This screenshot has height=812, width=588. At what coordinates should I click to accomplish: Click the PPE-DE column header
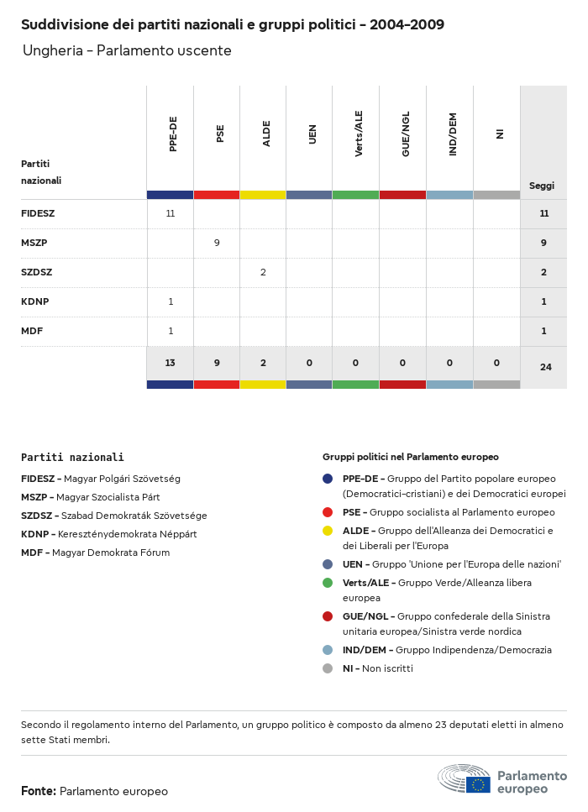(172, 134)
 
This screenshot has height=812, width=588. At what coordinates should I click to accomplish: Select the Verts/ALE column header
(359, 134)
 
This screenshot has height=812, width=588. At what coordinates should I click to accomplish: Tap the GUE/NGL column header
(405, 134)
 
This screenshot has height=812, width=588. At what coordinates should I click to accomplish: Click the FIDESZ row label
(38, 213)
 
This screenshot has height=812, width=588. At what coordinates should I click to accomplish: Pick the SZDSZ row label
(37, 272)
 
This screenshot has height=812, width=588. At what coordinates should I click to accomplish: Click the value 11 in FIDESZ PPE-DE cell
(171, 213)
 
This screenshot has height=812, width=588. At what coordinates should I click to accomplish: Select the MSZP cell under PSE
(217, 243)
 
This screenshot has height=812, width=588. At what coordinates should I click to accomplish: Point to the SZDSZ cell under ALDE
(263, 272)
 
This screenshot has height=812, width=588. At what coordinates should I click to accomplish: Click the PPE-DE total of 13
(171, 363)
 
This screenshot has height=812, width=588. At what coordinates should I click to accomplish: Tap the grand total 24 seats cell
(544, 367)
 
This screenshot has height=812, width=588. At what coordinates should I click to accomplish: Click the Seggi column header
(542, 186)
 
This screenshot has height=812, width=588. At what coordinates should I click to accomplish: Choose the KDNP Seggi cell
(543, 301)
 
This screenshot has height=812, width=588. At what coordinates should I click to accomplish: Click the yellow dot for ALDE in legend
(328, 531)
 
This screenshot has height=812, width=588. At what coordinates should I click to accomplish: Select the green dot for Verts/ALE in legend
(328, 583)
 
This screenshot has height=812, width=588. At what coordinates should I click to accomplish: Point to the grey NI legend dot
(328, 668)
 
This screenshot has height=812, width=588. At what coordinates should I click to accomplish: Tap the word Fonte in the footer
(39, 791)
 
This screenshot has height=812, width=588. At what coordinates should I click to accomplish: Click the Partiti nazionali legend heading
(72, 458)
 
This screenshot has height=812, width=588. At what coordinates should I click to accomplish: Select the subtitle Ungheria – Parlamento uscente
(127, 51)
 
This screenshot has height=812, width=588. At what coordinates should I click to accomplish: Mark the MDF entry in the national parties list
(95, 553)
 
